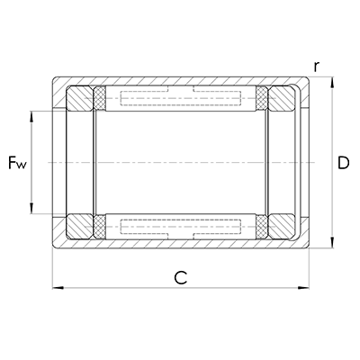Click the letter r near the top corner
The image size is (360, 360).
[316, 67]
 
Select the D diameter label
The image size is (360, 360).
[343, 163]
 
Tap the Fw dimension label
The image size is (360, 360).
[17, 163]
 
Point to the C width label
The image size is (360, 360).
[180, 278]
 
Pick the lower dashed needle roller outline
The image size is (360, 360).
[181, 226]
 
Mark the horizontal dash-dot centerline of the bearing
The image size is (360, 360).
[180, 162]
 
